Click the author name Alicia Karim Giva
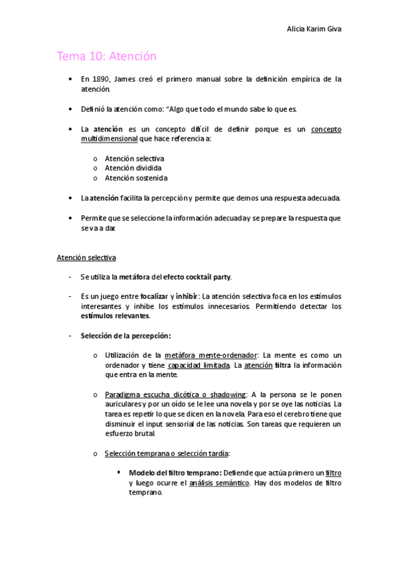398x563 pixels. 314,29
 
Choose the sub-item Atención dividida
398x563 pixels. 133,168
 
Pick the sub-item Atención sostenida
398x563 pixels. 136,178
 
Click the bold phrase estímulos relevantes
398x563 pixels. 115,315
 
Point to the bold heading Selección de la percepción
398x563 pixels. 126,335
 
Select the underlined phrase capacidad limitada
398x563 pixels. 199,365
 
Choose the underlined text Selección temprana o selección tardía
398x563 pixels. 167,453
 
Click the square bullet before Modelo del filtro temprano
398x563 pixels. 118,472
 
